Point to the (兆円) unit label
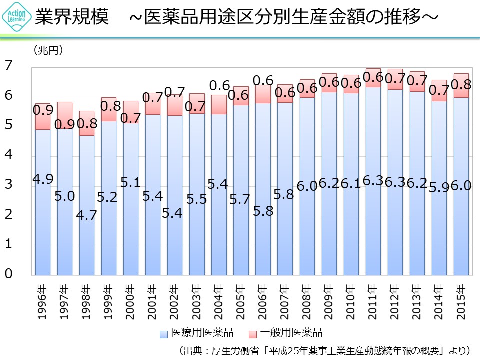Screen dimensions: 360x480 pyautogui.click(x=48, y=50)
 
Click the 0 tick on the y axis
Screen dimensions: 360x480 pyautogui.click(x=8, y=274)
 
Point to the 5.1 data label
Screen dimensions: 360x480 pyautogui.click(x=130, y=183)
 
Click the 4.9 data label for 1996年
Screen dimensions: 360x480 pyautogui.click(x=43, y=178)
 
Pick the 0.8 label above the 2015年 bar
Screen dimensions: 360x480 pyautogui.click(x=461, y=85)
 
